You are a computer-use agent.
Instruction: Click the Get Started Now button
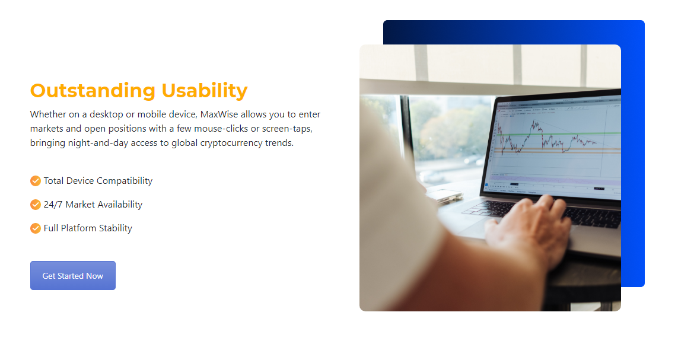pos(72,275)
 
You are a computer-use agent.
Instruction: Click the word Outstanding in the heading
pos(93,91)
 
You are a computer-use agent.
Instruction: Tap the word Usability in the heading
pos(205,91)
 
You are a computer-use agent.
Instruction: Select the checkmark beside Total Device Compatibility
pos(36,181)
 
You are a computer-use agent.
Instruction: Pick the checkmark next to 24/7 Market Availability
pos(36,205)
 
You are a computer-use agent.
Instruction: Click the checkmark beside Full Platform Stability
pos(36,228)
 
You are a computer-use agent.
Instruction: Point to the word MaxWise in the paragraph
pos(219,114)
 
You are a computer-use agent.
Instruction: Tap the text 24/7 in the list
pos(53,205)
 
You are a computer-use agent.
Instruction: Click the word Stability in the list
pos(116,228)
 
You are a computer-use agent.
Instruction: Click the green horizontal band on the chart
pos(558,134)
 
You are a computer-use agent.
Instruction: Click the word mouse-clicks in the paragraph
pos(221,128)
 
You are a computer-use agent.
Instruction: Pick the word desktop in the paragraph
pos(106,114)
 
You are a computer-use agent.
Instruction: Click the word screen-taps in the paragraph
pos(287,129)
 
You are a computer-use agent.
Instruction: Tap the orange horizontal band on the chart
pos(557,149)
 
